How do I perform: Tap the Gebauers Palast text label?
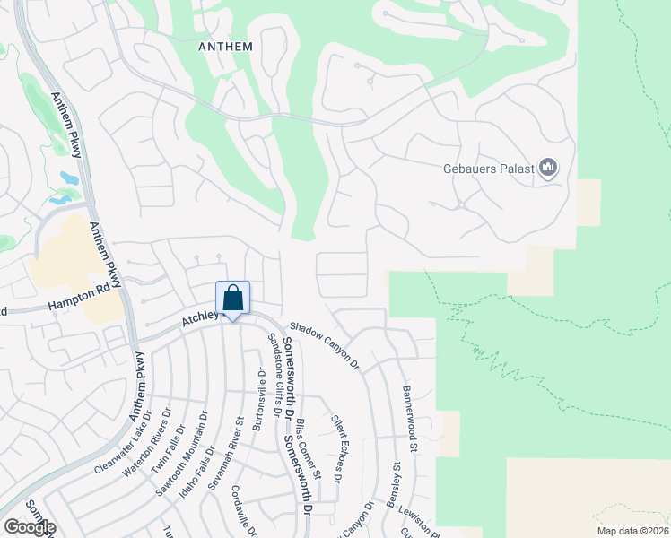coord(489,169)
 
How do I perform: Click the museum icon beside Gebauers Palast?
coord(548,168)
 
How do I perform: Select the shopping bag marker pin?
coord(232,299)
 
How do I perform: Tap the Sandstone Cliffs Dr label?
coord(277,371)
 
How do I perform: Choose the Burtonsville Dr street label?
coord(259,398)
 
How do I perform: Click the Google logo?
coord(29,526)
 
